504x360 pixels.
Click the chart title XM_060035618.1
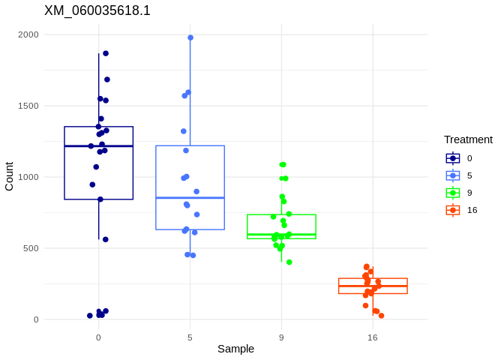(x=97, y=10)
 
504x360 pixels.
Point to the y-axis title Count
(x=9, y=176)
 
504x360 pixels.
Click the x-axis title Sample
(x=235, y=349)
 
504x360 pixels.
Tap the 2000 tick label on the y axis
(x=28, y=34)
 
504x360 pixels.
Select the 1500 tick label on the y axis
(x=28, y=106)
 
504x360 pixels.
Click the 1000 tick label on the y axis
(x=28, y=177)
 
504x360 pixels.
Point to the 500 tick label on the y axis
(x=31, y=248)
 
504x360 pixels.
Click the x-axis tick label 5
(x=190, y=337)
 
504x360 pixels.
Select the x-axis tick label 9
(x=281, y=337)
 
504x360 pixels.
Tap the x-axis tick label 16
(x=373, y=337)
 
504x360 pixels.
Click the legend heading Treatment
(x=468, y=139)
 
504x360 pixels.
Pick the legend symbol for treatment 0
(x=453, y=158)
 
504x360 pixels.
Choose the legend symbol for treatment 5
(x=453, y=175)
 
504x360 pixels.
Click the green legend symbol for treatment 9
(x=453, y=193)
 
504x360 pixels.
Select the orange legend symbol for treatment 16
(x=453, y=210)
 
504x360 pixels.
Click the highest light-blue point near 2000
(x=190, y=37)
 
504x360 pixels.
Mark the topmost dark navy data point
(x=106, y=53)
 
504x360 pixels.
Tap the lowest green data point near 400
(x=289, y=262)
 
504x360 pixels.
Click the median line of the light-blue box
(x=190, y=198)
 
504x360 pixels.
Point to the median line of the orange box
(x=373, y=286)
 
